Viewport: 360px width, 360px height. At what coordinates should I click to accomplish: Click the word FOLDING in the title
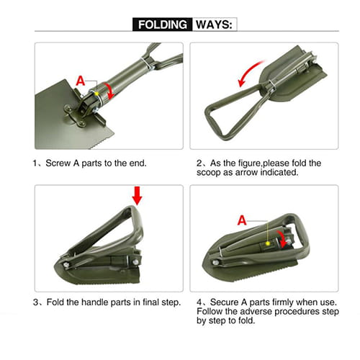click(x=163, y=24)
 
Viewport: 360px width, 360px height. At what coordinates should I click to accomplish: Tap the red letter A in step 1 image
click(x=81, y=81)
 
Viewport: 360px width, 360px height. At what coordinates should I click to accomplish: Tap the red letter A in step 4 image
click(x=242, y=220)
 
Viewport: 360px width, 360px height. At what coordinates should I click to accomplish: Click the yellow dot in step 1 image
click(x=96, y=94)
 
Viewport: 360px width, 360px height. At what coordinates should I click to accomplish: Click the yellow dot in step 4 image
click(x=268, y=243)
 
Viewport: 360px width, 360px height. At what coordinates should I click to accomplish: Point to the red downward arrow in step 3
click(x=138, y=196)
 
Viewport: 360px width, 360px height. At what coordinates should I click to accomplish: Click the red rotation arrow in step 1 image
click(x=109, y=91)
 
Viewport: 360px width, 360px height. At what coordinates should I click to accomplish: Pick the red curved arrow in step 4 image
click(x=283, y=239)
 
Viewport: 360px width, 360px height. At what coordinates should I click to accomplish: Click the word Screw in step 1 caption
click(x=58, y=163)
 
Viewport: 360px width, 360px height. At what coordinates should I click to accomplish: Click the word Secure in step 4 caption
click(x=224, y=302)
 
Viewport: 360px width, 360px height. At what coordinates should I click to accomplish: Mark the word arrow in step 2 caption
click(x=247, y=173)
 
